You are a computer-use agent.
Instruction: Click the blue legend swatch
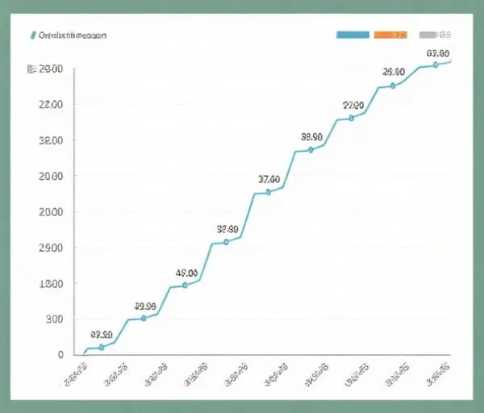(352, 35)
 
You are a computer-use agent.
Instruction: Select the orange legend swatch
(390, 35)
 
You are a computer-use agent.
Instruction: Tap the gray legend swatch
(435, 35)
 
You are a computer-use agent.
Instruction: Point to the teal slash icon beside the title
(33, 35)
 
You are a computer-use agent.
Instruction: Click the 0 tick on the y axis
(60, 355)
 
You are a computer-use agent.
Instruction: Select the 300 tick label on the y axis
(53, 319)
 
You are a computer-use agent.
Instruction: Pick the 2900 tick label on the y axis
(50, 248)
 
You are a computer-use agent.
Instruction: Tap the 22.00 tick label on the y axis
(50, 105)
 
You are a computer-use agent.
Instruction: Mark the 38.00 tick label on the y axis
(50, 140)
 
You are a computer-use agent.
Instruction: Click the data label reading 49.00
(186, 273)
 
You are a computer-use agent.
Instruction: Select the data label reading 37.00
(269, 179)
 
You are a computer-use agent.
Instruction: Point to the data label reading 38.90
(311, 137)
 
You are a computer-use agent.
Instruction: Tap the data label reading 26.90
(393, 72)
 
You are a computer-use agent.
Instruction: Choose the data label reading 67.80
(436, 53)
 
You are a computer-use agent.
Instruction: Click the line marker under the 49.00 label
(185, 285)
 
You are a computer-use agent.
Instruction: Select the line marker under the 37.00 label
(269, 192)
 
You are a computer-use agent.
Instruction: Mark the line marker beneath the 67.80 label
(436, 64)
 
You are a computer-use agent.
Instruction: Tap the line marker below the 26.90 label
(393, 85)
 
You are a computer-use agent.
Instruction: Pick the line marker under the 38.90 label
(311, 149)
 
